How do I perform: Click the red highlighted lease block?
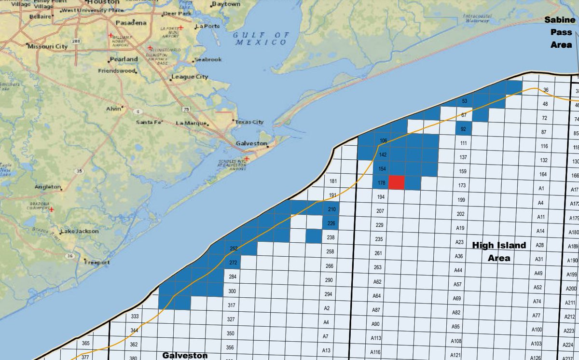pos(397,183)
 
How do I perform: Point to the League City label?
pos(189,77)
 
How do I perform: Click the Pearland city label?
pos(124,59)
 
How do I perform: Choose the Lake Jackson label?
pos(80,231)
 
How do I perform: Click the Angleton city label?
pos(48,187)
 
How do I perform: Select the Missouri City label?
pos(47,47)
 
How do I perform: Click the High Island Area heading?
pos(499,251)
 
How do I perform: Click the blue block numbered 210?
pos(331,209)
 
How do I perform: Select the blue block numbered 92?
pos(464,129)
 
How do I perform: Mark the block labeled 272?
pos(233,263)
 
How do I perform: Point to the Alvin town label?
pos(114,109)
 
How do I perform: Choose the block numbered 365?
pos(85,343)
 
